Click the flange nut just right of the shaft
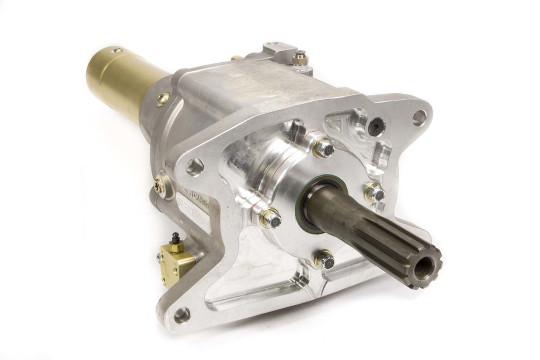(x=374, y=193)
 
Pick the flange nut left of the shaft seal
(x=270, y=218)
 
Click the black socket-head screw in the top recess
(x=376, y=127)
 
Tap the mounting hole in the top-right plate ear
(x=419, y=117)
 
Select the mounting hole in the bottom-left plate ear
(x=181, y=315)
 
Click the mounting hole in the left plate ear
(x=195, y=167)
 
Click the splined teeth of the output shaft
(x=390, y=237)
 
